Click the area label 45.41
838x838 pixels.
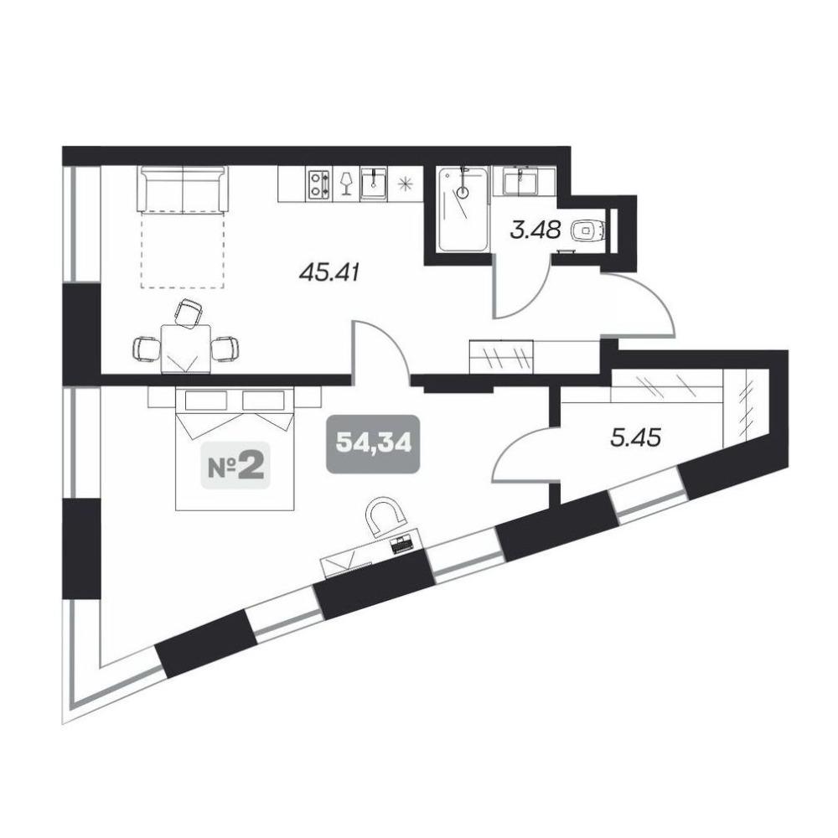[x=329, y=273]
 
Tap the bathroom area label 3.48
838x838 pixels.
[x=535, y=231]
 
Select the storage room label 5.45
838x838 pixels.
[x=635, y=438]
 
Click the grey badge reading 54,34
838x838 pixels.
[x=374, y=443]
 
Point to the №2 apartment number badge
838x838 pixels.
[x=235, y=465]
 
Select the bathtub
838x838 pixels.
[x=463, y=209]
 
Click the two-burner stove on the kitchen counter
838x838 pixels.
[x=319, y=184]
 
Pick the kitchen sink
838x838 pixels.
[x=373, y=184]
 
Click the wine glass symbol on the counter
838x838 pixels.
[x=346, y=184]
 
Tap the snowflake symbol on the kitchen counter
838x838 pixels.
[x=405, y=184]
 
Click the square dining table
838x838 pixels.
[x=185, y=349]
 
